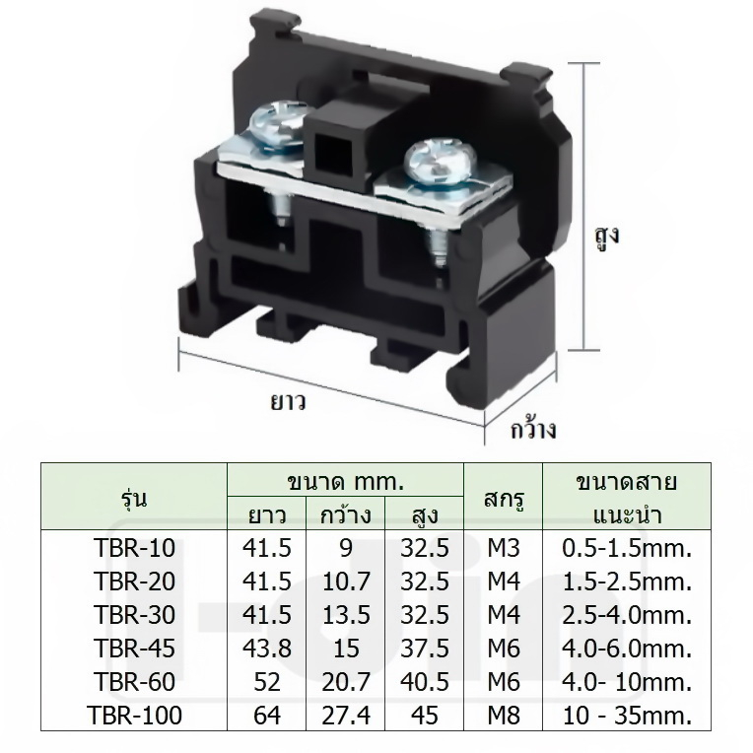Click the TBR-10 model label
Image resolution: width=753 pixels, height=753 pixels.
coord(134,548)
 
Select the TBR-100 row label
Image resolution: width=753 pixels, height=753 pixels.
coord(134,716)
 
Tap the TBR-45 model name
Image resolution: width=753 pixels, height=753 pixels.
coord(134,649)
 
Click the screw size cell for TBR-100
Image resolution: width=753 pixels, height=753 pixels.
coord(504,716)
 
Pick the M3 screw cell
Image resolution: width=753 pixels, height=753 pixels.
coord(504,548)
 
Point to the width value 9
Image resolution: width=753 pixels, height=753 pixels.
coord(346,548)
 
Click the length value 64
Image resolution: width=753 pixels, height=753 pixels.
coord(267,716)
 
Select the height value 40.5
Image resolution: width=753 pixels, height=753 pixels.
coord(425,682)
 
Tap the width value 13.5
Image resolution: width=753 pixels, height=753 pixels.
coord(346,615)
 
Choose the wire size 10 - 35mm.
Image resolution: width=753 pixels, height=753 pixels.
coord(627,716)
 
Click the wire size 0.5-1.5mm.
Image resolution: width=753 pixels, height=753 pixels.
coord(627,548)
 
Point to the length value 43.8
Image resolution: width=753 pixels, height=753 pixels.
coord(267,649)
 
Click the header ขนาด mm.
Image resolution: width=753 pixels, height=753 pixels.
coord(345,481)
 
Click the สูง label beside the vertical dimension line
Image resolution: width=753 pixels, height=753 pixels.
coord(607,237)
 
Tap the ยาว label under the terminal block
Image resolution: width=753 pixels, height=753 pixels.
coord(288,401)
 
